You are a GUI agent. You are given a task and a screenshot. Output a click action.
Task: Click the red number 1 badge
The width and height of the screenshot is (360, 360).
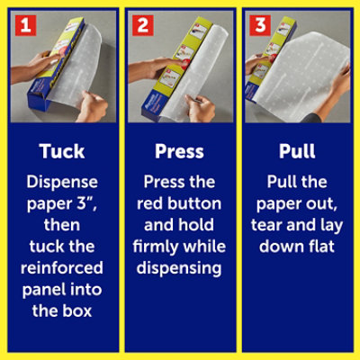[x=26, y=25]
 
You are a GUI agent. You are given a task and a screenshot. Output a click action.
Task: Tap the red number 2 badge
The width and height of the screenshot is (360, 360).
[x=143, y=25]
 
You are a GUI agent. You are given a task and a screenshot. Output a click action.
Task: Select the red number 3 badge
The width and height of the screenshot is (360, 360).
[x=260, y=25]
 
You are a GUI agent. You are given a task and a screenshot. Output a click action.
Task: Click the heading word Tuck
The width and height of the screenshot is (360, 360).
[x=62, y=151]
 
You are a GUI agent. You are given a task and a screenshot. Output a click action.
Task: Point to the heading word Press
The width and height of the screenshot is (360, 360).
[x=179, y=151]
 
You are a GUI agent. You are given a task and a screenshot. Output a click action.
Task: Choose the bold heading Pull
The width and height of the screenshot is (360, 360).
[x=297, y=151]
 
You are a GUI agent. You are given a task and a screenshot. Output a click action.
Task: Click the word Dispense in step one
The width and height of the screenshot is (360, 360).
[x=62, y=183]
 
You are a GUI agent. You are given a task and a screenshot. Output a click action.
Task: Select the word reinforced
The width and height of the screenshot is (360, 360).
[x=62, y=267]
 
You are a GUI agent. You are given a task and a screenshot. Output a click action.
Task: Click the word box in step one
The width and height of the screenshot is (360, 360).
[x=76, y=310]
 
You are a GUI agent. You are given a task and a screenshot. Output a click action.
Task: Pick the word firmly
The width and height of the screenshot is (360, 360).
[x=156, y=247]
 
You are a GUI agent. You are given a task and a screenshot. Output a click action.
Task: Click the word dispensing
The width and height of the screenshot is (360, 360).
[x=179, y=268]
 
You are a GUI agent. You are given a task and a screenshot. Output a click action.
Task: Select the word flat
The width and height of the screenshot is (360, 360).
[x=321, y=247]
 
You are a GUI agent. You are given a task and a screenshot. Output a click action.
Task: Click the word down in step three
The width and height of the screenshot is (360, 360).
[x=282, y=247]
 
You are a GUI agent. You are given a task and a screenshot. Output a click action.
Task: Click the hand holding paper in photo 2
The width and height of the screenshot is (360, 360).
[x=200, y=107]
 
